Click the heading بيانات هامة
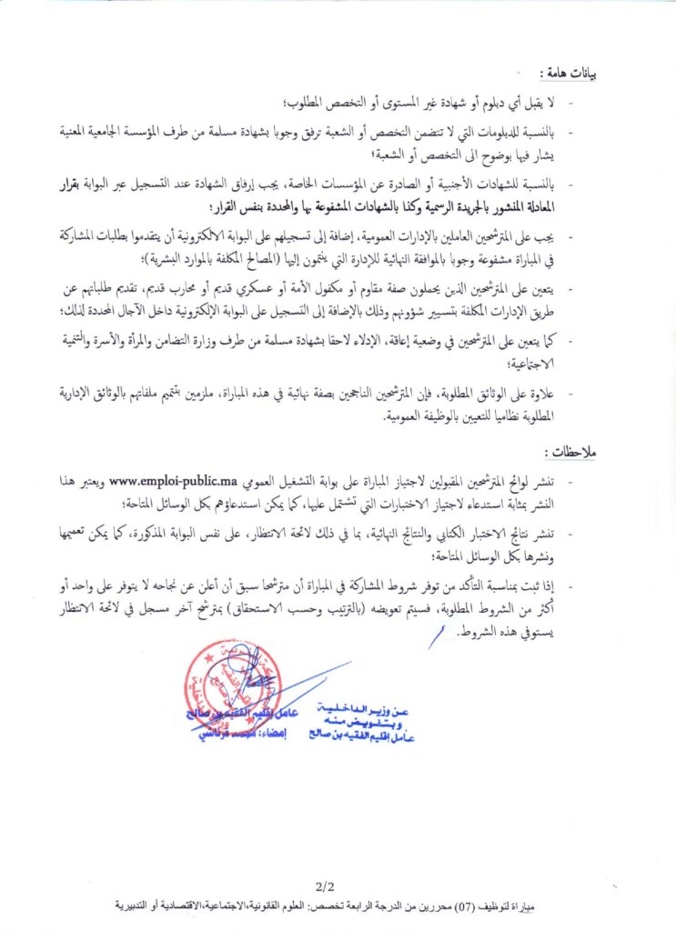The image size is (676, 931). pos(566,73)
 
